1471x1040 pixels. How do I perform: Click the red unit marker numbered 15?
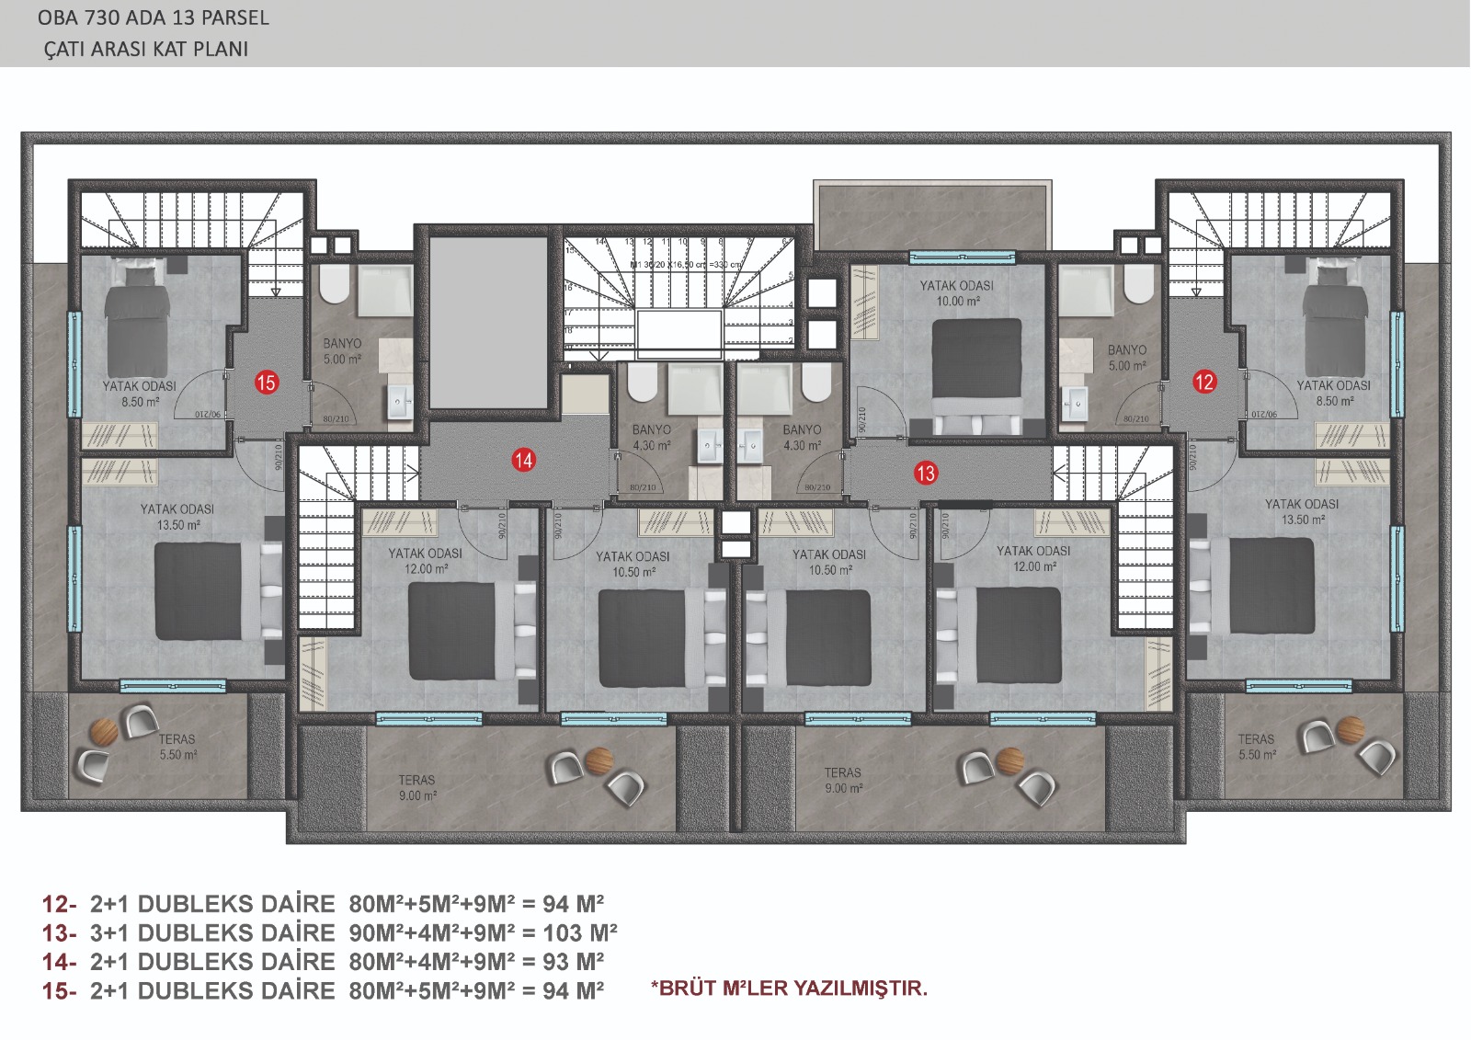tap(267, 383)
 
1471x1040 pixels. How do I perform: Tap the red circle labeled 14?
tap(524, 460)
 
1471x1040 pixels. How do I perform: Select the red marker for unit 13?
tap(926, 473)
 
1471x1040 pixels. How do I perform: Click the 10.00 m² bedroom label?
tap(956, 293)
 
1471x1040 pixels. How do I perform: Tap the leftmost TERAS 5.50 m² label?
tap(177, 747)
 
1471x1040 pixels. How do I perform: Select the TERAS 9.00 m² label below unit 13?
tap(843, 781)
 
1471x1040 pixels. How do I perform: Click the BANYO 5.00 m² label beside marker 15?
tap(342, 351)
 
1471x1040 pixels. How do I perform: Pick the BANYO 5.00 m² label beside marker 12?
tap(1127, 358)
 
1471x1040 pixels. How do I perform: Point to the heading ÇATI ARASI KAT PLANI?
tap(146, 49)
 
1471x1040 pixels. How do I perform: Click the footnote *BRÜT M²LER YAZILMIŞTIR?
tap(789, 989)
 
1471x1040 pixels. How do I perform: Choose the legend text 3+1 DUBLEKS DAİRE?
tap(212, 932)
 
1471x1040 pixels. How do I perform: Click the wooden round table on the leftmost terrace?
tap(103, 731)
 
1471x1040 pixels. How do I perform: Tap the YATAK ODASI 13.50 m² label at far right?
tap(1302, 511)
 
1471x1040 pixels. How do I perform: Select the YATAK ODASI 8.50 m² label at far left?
tap(140, 394)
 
